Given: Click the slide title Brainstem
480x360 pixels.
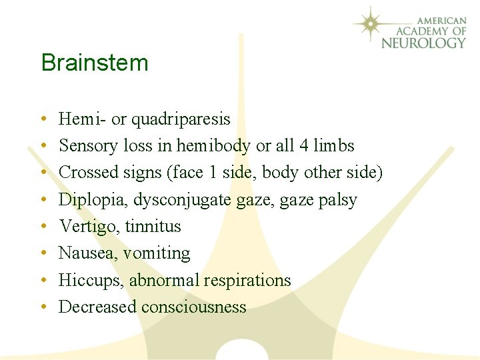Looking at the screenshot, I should pyautogui.click(x=94, y=63).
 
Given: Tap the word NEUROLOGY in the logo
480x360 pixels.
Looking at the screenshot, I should pyautogui.click(x=423, y=43).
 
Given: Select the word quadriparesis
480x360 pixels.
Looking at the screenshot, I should pyautogui.click(x=181, y=119).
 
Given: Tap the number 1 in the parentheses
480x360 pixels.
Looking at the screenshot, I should pyautogui.click(x=212, y=173).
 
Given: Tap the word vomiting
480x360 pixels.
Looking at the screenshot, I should pyautogui.click(x=157, y=253).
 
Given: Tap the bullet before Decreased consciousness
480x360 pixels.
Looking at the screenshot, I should pyautogui.click(x=43, y=307).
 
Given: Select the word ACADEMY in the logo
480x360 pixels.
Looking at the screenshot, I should pyautogui.click(x=421, y=31).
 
